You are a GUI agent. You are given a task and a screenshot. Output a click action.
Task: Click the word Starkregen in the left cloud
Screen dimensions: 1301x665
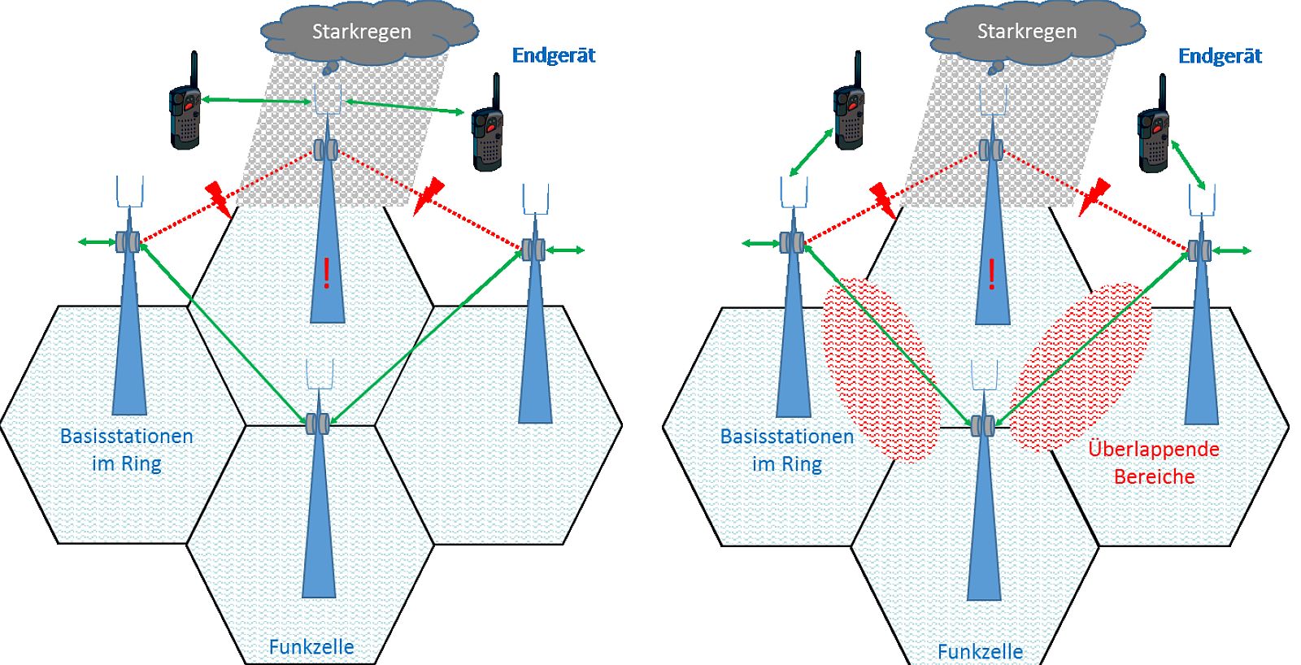tap(361, 32)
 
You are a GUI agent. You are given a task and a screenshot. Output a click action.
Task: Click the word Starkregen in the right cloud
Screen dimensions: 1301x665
tap(1027, 32)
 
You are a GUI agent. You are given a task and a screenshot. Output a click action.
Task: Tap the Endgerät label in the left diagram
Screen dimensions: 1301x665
tap(554, 55)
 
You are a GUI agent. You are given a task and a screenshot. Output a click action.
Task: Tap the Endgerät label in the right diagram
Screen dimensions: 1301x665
tap(1220, 56)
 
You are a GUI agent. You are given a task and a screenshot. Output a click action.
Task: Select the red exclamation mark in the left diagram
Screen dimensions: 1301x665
tap(326, 273)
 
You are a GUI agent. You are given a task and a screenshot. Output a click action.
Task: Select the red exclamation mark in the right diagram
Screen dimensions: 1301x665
tap(991, 274)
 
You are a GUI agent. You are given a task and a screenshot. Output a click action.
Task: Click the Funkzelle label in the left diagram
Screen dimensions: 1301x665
tap(311, 647)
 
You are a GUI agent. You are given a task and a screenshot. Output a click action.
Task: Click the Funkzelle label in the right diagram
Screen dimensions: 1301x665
tap(980, 652)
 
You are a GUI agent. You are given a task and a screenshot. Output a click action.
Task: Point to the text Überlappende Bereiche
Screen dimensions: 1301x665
tap(1154, 463)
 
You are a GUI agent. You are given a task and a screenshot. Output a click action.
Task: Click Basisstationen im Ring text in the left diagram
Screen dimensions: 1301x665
tap(127, 450)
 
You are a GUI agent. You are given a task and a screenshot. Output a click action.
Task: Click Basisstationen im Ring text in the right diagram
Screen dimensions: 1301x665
tap(787, 450)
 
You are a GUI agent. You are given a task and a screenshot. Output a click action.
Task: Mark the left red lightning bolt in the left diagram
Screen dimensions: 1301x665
tap(218, 198)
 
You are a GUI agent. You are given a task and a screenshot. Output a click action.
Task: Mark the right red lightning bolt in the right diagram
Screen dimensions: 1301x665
tap(1094, 198)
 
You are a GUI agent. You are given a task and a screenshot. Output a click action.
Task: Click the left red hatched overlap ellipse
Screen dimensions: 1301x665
tap(881, 370)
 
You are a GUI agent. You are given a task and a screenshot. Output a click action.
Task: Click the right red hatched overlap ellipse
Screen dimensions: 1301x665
tap(1081, 367)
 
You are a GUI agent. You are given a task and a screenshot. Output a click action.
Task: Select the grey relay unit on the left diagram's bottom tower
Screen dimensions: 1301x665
tap(318, 424)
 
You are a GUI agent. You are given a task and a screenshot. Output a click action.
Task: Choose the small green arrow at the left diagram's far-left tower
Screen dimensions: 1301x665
tap(97, 242)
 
